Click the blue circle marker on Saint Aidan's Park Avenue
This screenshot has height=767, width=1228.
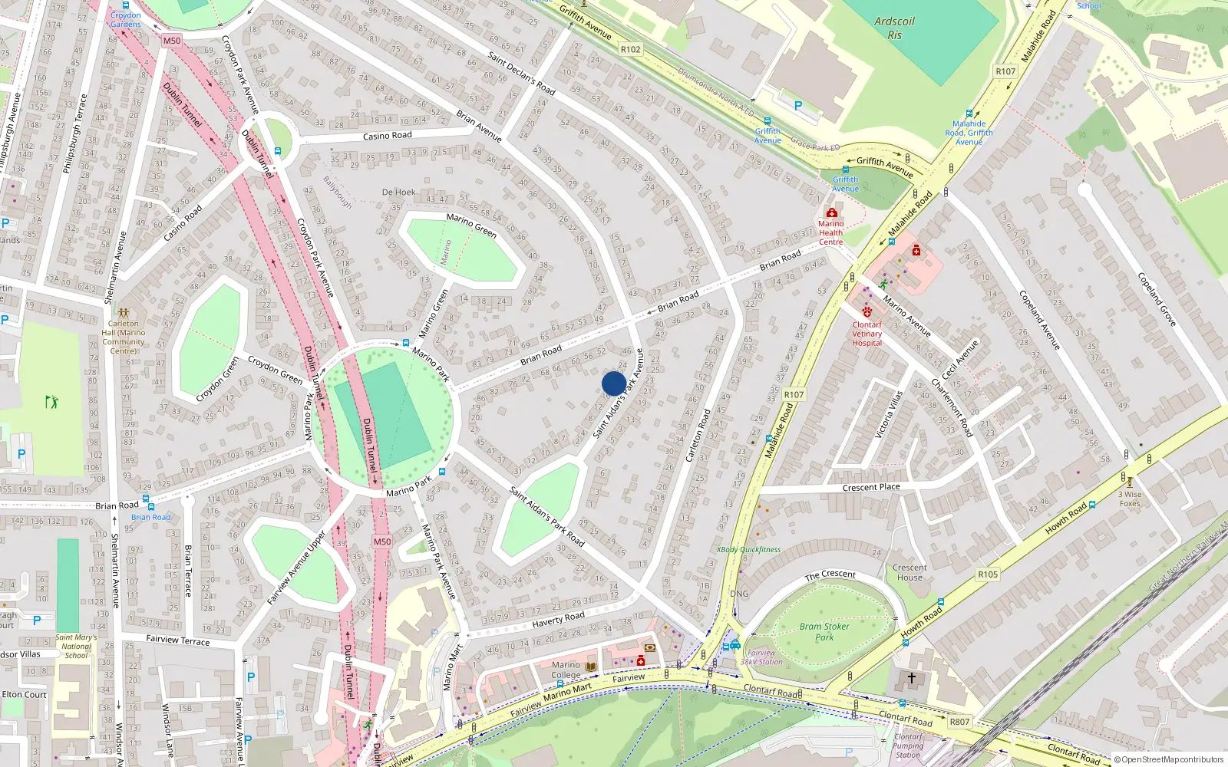pyautogui.click(x=613, y=383)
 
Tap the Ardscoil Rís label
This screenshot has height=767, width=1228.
pyautogui.click(x=894, y=28)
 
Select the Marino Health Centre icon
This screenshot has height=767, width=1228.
pyautogui.click(x=831, y=212)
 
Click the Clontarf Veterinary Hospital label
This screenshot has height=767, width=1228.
pyautogui.click(x=867, y=334)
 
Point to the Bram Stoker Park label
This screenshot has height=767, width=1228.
pyautogui.click(x=824, y=631)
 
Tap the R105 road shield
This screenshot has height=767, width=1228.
pyautogui.click(x=988, y=574)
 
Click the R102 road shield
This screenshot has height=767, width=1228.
pyautogui.click(x=630, y=49)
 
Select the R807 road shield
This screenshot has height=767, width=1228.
pyautogui.click(x=959, y=722)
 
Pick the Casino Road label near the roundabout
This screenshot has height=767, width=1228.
pyautogui.click(x=387, y=136)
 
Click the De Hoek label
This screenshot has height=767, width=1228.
pyautogui.click(x=398, y=193)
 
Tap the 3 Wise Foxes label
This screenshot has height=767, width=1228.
pyautogui.click(x=1130, y=499)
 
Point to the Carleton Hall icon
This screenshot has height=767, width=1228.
pyautogui.click(x=124, y=313)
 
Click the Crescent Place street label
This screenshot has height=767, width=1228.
pyautogui.click(x=871, y=487)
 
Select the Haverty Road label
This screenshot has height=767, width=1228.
pyautogui.click(x=558, y=619)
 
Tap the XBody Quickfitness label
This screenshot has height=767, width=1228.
pyautogui.click(x=748, y=550)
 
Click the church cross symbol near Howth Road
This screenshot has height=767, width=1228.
pyautogui.click(x=911, y=678)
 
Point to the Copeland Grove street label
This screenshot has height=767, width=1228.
pyautogui.click(x=1157, y=299)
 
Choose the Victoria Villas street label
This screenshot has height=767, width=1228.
pyautogui.click(x=889, y=414)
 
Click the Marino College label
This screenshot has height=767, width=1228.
pyautogui.click(x=566, y=670)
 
